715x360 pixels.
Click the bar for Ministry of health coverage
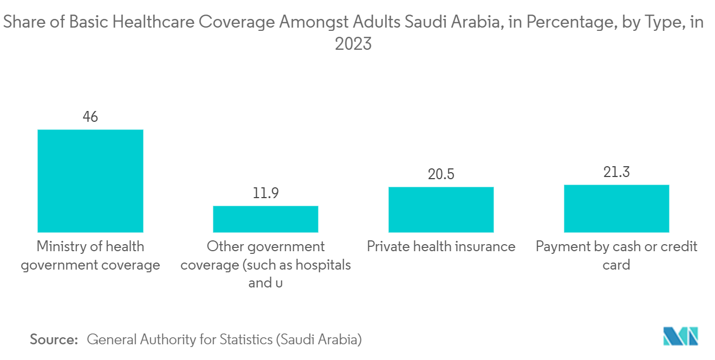(x=90, y=181)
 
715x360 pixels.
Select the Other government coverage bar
(x=265, y=219)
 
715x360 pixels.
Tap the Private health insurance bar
(x=441, y=210)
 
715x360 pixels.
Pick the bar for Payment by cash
(x=616, y=208)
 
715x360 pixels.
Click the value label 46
(x=90, y=116)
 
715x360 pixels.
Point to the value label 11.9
(x=265, y=193)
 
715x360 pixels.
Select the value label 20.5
(x=441, y=174)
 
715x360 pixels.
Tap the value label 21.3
(x=616, y=172)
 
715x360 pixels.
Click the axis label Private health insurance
(x=441, y=247)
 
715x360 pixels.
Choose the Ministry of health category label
(x=90, y=256)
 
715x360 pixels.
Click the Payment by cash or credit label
(x=616, y=247)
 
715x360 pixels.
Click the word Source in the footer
(x=54, y=340)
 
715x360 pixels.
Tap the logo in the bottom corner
(x=680, y=336)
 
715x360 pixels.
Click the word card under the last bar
(x=616, y=265)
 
